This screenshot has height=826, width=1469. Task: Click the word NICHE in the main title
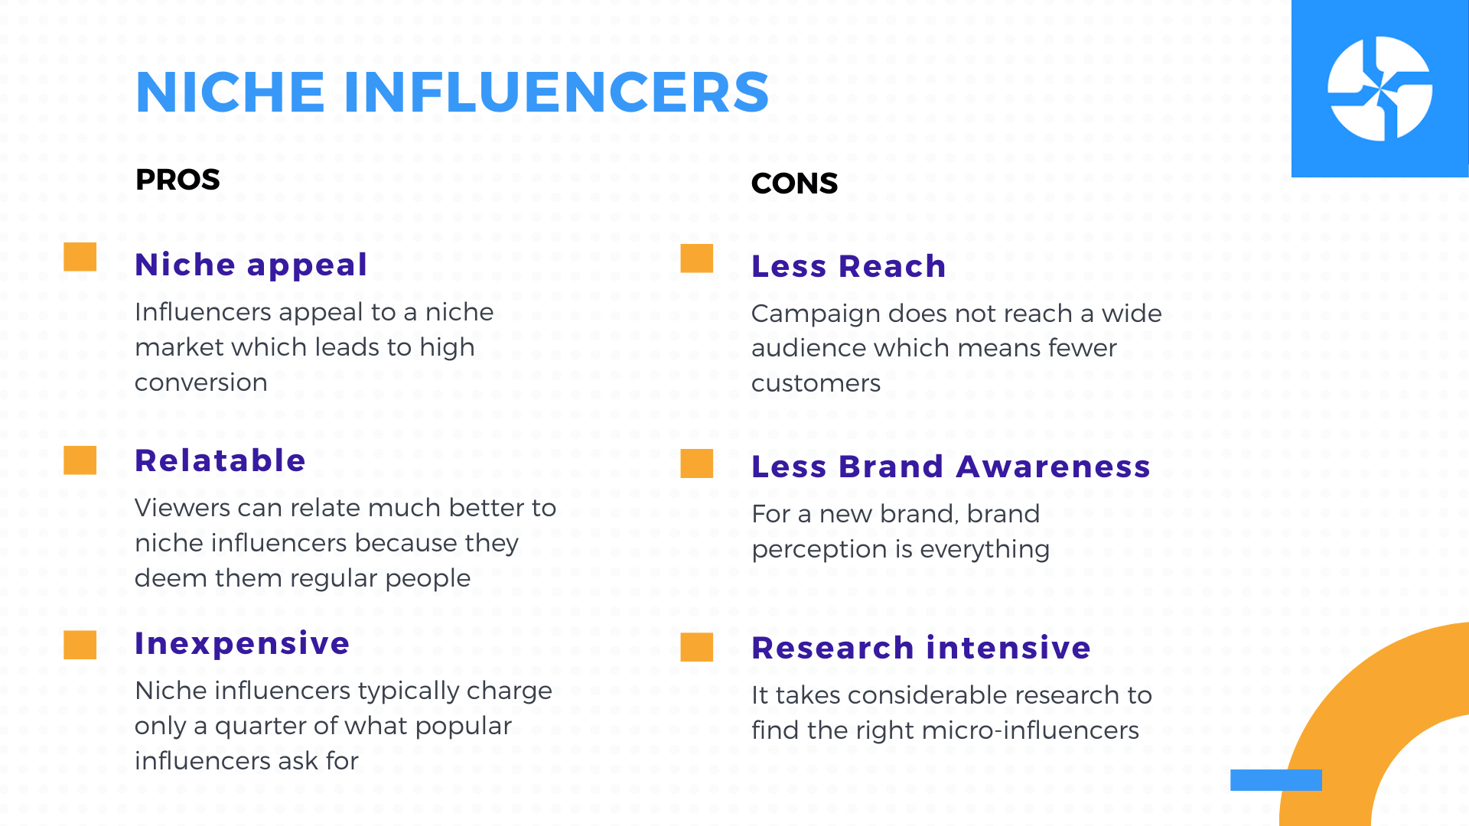coord(230,93)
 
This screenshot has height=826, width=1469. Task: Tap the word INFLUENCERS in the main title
coord(556,93)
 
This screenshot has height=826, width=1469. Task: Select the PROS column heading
coord(178,180)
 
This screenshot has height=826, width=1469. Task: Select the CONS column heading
coord(794,184)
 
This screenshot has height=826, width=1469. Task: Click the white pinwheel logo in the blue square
coord(1379,89)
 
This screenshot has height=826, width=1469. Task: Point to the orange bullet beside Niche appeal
coord(80,257)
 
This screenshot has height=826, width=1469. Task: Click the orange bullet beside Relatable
coord(80,460)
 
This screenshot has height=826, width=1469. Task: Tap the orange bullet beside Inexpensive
coord(80,645)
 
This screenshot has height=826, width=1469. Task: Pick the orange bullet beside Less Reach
coord(697,259)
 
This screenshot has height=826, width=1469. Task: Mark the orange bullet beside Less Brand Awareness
coord(697,463)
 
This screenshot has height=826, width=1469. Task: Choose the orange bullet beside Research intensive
coord(697,647)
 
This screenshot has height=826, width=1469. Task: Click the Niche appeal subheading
coord(251,265)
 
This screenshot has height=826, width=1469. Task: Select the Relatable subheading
coord(220,460)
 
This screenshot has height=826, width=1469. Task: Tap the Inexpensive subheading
coord(243,644)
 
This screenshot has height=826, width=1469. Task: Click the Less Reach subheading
coord(849,266)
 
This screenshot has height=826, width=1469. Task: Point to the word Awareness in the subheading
coord(1054,467)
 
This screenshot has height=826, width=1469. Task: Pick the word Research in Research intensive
coord(832,648)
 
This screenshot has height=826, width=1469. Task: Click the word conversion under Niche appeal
coord(201,382)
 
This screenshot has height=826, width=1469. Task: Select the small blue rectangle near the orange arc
coord(1276,780)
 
